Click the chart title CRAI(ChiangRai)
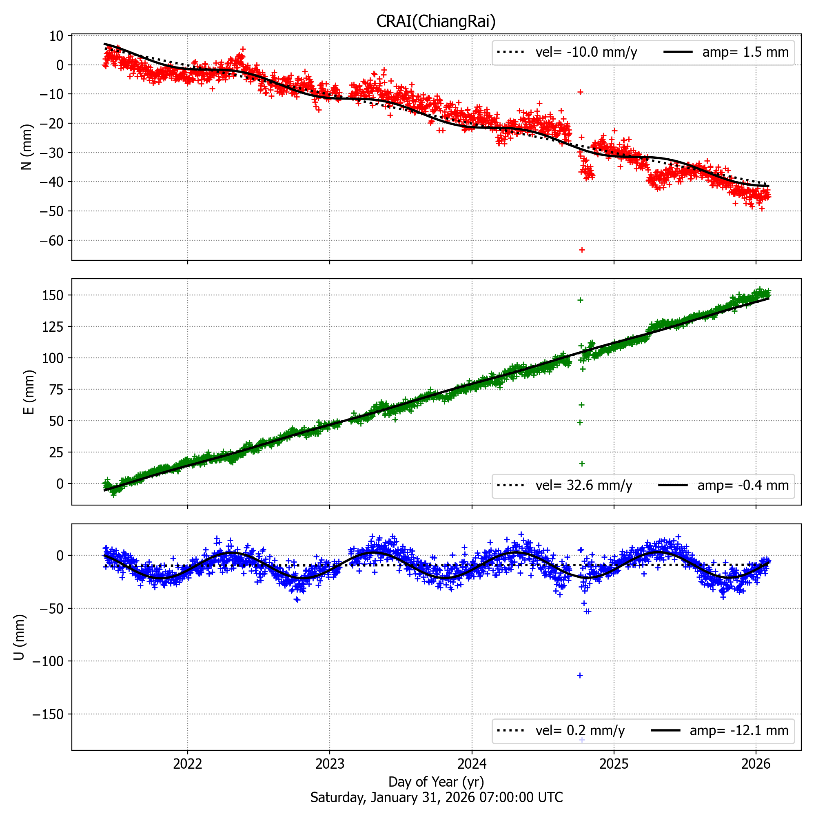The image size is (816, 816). pyautogui.click(x=436, y=21)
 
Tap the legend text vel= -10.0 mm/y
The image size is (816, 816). pyautogui.click(x=586, y=52)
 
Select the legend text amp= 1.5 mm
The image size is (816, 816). pyautogui.click(x=745, y=52)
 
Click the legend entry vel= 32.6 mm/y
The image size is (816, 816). pyautogui.click(x=584, y=486)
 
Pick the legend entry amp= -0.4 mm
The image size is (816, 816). pyautogui.click(x=743, y=486)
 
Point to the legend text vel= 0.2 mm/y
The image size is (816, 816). pyautogui.click(x=580, y=731)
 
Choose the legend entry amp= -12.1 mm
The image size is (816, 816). pyautogui.click(x=739, y=731)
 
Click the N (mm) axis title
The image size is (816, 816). pyautogui.click(x=27, y=147)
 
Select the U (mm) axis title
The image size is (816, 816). pyautogui.click(x=19, y=637)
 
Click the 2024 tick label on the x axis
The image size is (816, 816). pyautogui.click(x=472, y=763)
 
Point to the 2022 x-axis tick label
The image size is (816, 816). pyautogui.click(x=188, y=763)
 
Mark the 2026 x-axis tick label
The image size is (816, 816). pyautogui.click(x=756, y=763)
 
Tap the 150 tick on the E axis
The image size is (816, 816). pyautogui.click(x=53, y=295)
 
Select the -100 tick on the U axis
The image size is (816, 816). pyautogui.click(x=48, y=661)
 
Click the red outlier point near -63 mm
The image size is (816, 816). pyautogui.click(x=582, y=250)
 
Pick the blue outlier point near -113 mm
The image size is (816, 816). pyautogui.click(x=580, y=675)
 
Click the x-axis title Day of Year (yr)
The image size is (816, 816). pyautogui.click(x=436, y=782)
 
